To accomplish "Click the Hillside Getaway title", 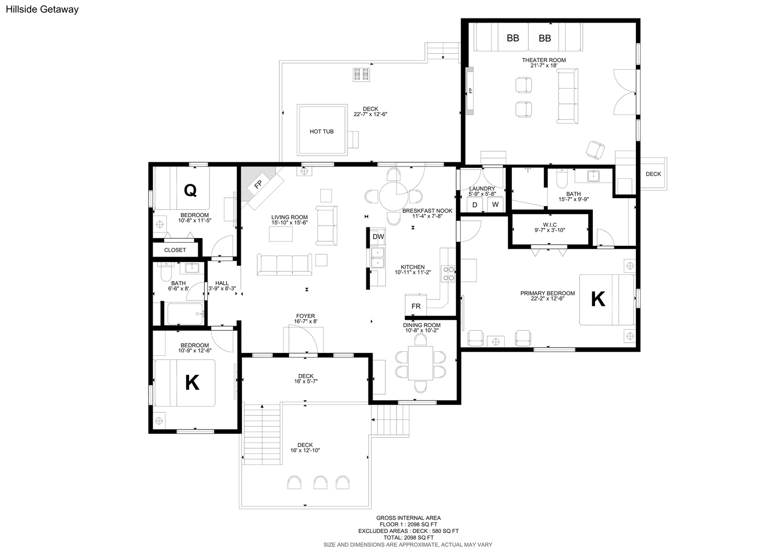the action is (43, 9).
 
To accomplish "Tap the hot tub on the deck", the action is (322, 130).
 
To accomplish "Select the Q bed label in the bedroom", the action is (190, 190).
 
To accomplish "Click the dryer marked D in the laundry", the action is (475, 205).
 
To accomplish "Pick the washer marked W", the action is (495, 205).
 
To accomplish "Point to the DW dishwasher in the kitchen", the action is (378, 237).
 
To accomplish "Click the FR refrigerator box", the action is (416, 306).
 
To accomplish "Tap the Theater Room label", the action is (544, 60).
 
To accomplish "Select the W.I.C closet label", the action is (549, 225).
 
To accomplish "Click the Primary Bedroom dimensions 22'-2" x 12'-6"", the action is (547, 299).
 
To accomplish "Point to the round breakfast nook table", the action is (394, 197).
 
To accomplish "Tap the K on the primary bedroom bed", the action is (597, 299).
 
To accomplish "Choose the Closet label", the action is (175, 250).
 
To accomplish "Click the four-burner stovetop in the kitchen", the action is (448, 273).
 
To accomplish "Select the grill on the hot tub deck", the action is (361, 74).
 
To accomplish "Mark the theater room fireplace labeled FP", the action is (469, 91).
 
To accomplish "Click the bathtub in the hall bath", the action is (185, 314).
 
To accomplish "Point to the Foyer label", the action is (305, 316).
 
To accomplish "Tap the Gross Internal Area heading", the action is (408, 518).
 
